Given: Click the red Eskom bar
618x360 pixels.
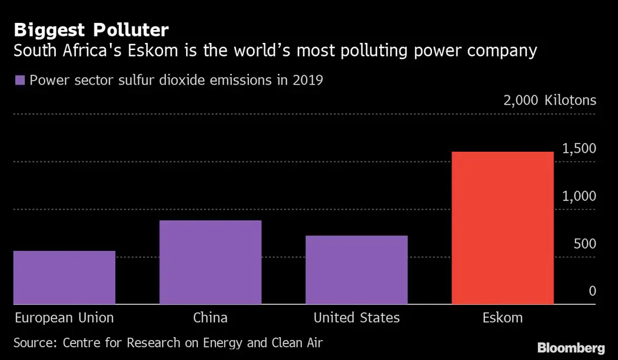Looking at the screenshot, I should (x=502, y=228).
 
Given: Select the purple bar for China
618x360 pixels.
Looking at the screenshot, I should (x=210, y=262).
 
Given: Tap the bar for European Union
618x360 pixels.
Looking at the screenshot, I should (x=64, y=278).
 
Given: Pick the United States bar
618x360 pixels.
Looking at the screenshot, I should (x=356, y=270).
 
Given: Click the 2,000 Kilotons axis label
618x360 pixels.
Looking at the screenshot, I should (x=549, y=100).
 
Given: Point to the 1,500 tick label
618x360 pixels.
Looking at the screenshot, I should (x=579, y=148).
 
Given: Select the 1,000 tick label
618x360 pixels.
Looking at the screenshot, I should (x=579, y=196).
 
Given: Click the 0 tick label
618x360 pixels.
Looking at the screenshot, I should (x=592, y=291).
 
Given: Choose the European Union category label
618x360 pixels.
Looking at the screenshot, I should (x=64, y=318).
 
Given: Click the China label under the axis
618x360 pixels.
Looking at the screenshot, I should (x=210, y=318).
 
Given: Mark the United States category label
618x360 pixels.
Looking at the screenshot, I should (x=356, y=318).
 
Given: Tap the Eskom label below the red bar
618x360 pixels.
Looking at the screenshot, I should (x=502, y=318).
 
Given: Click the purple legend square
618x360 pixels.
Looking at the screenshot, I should (x=20, y=81).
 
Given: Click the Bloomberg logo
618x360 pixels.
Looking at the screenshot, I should (x=570, y=347).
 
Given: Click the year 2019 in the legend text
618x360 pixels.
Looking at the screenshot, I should (x=307, y=81).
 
